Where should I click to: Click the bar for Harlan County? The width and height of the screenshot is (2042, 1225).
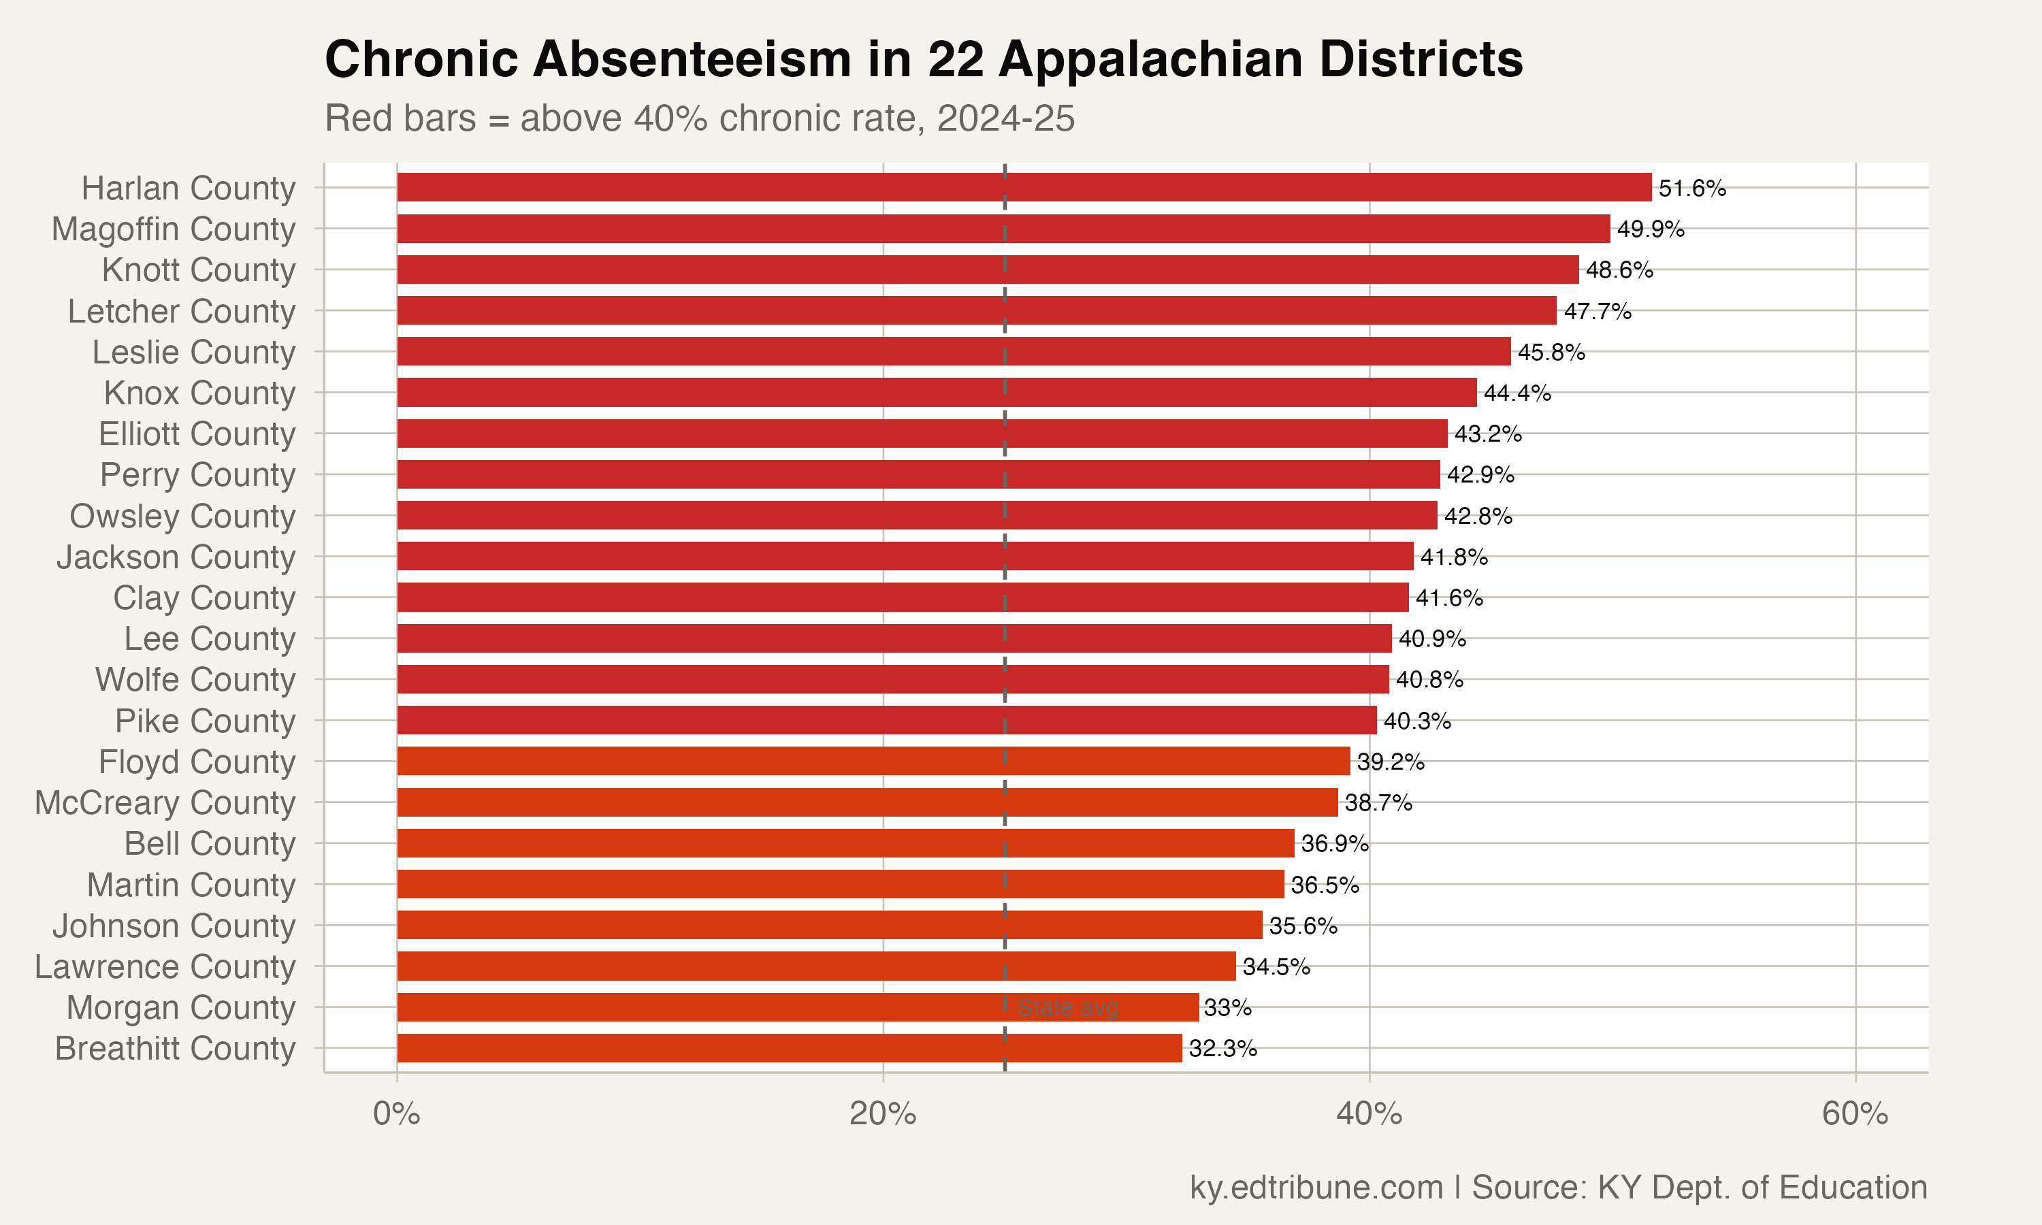[x=1024, y=187]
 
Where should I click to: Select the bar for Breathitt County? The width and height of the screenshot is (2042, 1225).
[x=789, y=1048]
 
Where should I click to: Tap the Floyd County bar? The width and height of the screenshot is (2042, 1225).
[x=873, y=761]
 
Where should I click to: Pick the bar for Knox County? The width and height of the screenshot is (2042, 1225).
[x=937, y=393]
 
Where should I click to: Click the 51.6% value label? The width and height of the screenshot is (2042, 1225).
[x=1692, y=189]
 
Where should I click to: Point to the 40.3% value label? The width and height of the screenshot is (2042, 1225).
[x=1417, y=721]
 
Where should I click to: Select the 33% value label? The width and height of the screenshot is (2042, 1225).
[x=1227, y=1008]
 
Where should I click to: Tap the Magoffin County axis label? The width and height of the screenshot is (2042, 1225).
[x=174, y=229]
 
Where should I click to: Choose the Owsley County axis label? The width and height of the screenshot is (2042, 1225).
[x=182, y=516]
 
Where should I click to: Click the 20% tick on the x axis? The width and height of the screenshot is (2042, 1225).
[x=882, y=1114]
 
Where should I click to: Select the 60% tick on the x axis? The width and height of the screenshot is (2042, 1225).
[x=1855, y=1114]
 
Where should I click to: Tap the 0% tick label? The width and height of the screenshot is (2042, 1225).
[x=396, y=1114]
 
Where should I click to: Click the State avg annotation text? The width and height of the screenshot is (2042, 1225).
[x=1067, y=1008]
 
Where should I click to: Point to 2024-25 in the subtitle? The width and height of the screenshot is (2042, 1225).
[x=1005, y=118]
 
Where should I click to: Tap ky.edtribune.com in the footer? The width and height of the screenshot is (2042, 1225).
[x=1316, y=1187]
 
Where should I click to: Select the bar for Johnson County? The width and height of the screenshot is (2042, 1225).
[x=830, y=926]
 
